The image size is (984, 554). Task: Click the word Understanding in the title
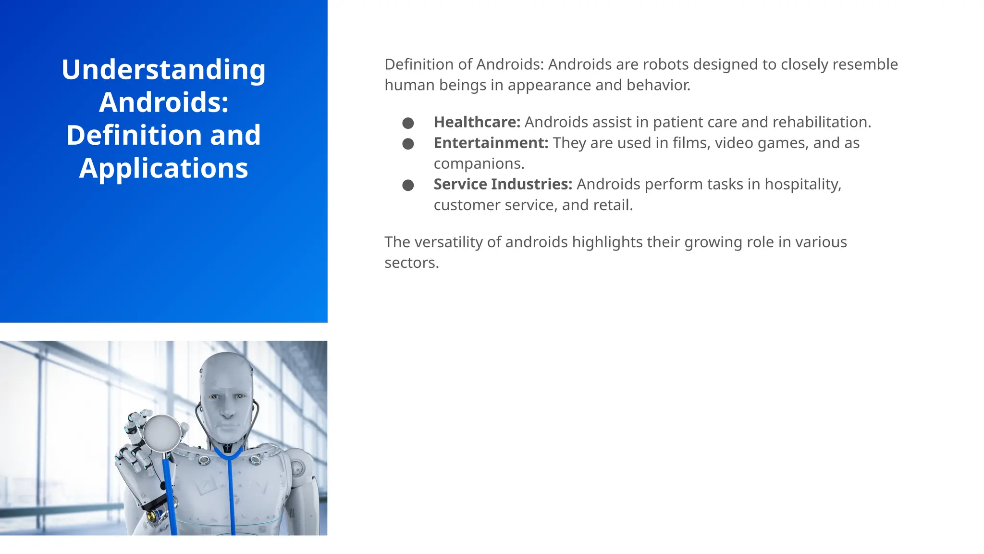[163, 70]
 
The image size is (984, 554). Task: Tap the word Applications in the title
[163, 168]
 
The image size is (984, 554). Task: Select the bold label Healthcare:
[477, 122]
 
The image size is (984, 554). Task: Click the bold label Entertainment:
[491, 143]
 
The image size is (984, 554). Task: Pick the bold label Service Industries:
[503, 184]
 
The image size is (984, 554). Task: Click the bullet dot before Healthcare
[408, 123]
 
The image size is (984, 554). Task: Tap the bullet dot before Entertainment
[408, 144]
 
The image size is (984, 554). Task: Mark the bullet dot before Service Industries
[408, 185]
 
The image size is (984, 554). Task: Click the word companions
[478, 164]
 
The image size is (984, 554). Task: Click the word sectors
[411, 263]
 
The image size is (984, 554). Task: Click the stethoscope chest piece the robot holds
[162, 433]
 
